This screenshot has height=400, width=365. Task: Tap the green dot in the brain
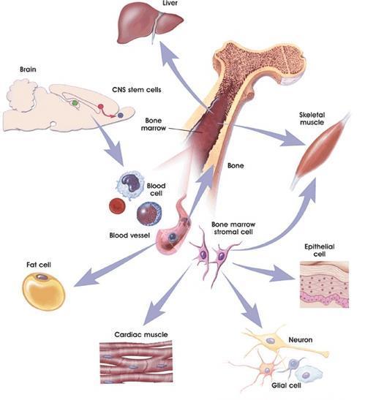pos(75,103)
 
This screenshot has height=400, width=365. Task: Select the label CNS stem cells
pos(137,90)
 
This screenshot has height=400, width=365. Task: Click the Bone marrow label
pos(154,124)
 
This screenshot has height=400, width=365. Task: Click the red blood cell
pos(117,205)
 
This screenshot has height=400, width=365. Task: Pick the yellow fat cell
pos(44,291)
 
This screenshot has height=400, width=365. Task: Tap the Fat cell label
pos(39,265)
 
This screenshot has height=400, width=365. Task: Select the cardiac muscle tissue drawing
pos(136,361)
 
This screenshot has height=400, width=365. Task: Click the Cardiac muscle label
pos(141,334)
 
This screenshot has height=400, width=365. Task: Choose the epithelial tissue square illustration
pos(324,284)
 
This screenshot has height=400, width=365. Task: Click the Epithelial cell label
pos(320,250)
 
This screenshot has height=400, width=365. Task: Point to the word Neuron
pos(301,340)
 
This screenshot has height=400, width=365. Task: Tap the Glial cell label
pos(286,385)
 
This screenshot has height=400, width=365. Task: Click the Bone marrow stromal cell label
pos(233,228)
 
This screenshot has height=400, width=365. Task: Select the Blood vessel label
pos(129,235)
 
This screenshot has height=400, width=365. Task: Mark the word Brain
pos(28,69)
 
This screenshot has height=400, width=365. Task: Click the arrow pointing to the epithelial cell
pos(263,271)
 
